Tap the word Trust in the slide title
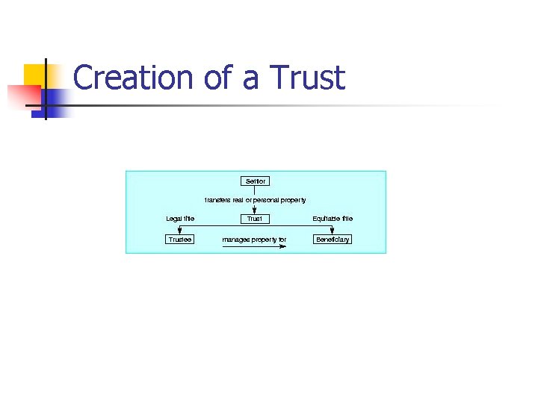tap(308, 78)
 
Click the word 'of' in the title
tap(218, 78)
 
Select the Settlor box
tap(255, 181)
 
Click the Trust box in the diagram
tap(255, 219)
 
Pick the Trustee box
tap(179, 240)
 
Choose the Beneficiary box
tap(333, 240)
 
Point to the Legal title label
tap(180, 219)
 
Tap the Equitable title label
tap(333, 219)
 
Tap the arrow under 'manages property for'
tap(255, 246)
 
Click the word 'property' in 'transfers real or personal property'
tap(293, 200)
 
